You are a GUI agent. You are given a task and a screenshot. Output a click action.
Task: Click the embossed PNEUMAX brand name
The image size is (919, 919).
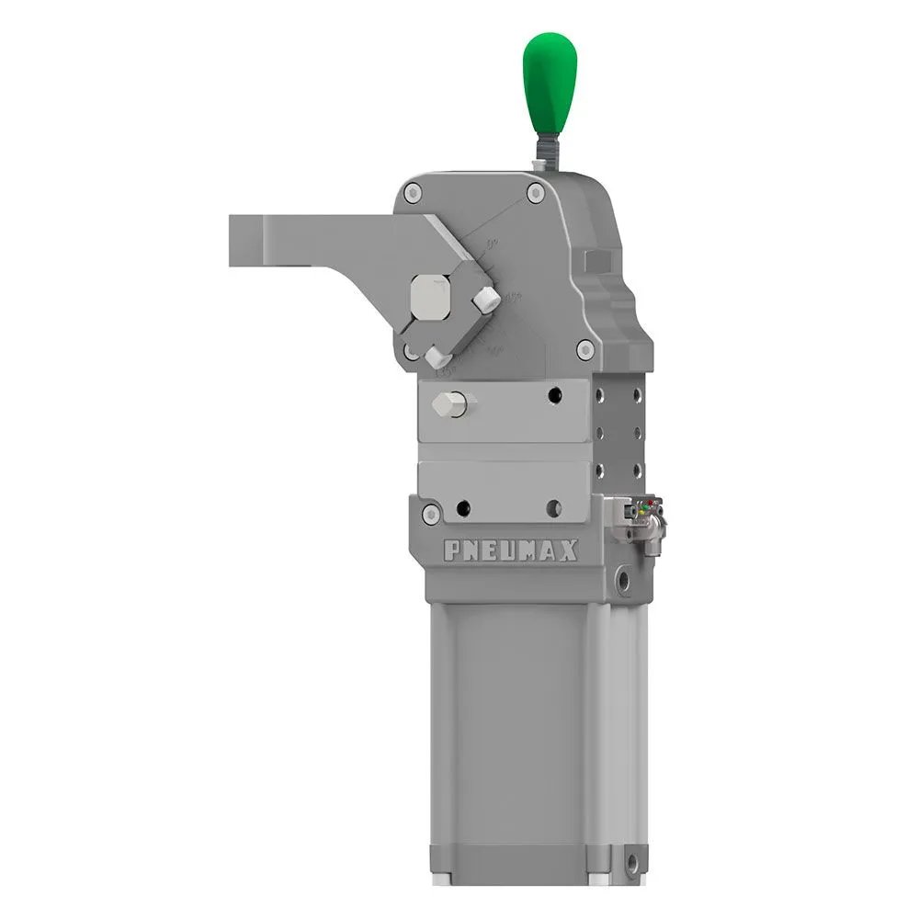click(511, 550)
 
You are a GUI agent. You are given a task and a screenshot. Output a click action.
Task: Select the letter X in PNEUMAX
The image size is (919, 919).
click(569, 550)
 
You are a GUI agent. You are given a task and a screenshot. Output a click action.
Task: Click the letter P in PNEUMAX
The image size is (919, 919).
click(453, 550)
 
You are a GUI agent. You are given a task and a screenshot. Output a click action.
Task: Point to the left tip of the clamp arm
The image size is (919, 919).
click(233, 241)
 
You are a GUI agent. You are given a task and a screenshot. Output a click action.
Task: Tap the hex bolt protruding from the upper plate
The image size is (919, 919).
click(451, 403)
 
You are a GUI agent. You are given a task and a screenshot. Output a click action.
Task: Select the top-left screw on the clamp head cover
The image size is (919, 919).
click(414, 193)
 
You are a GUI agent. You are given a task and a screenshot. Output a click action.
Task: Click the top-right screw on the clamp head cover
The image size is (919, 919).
click(535, 192)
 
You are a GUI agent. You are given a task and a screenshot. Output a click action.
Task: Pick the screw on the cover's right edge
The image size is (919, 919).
click(584, 349)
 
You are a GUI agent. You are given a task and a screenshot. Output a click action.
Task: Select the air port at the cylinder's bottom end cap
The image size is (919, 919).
click(630, 864)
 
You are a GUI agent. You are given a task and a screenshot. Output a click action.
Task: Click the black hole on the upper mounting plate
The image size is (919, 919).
click(553, 394)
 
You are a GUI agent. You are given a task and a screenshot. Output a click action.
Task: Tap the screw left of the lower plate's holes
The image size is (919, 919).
click(431, 513)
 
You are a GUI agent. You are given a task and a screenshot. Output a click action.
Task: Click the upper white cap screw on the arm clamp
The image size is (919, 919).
click(484, 298)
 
